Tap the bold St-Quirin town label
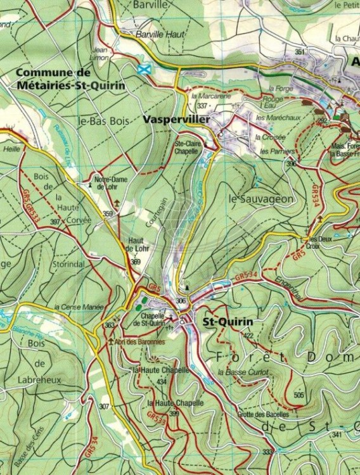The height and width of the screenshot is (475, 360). pos(228,322)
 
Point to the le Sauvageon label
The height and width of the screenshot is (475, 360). pos(260,199)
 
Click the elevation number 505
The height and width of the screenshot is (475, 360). pos(299,395)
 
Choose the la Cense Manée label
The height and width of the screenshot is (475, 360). pos(79,307)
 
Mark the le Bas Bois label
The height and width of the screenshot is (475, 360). pos(103,120)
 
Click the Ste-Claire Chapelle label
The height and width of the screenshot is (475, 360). pos(187,148)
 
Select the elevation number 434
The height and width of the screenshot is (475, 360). pos(161,382)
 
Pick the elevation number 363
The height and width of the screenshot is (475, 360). pos(109,325)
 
